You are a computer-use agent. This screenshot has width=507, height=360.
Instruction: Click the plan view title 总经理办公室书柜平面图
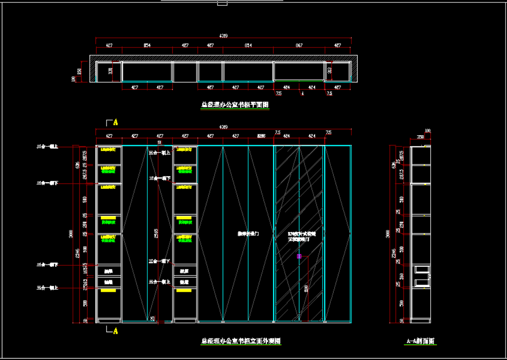[235, 105]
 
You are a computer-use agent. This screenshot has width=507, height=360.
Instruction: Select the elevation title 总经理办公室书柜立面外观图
[241, 341]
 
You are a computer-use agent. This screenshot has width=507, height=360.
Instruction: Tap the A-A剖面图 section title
[421, 341]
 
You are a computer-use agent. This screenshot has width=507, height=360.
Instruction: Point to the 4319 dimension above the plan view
[223, 35]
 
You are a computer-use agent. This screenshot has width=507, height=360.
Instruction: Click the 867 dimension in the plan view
[299, 45]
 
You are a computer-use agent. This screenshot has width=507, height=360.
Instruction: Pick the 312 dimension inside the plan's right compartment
[330, 71]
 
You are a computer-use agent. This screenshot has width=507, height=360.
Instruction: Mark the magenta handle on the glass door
[299, 256]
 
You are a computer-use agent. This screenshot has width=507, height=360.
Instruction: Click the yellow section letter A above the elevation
[115, 122]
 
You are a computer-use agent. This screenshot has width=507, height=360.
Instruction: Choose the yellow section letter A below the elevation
[115, 331]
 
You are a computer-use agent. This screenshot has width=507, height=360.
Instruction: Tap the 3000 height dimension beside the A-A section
[388, 234]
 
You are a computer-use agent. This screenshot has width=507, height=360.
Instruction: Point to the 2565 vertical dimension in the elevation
[155, 232]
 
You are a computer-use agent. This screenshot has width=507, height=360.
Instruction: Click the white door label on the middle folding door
[248, 234]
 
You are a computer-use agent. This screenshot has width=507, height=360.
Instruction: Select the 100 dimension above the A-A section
[428, 130]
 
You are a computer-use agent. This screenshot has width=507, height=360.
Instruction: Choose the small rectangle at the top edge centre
[222, 3]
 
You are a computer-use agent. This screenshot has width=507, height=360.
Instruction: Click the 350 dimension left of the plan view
[80, 72]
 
